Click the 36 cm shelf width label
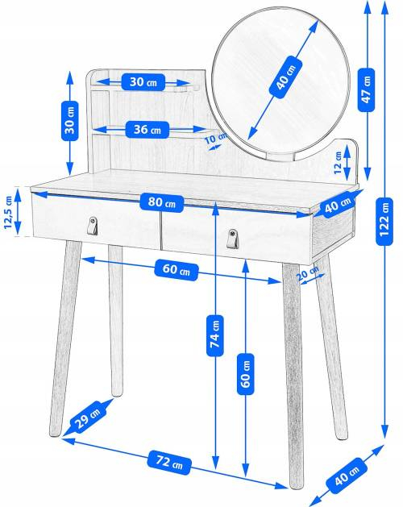pos(147,129)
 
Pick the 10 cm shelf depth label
pos(214,139)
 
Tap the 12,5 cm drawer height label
pos(9,213)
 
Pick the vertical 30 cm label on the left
pos(70,118)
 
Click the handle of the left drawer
pos(93,226)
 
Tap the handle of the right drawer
pos(235,239)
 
